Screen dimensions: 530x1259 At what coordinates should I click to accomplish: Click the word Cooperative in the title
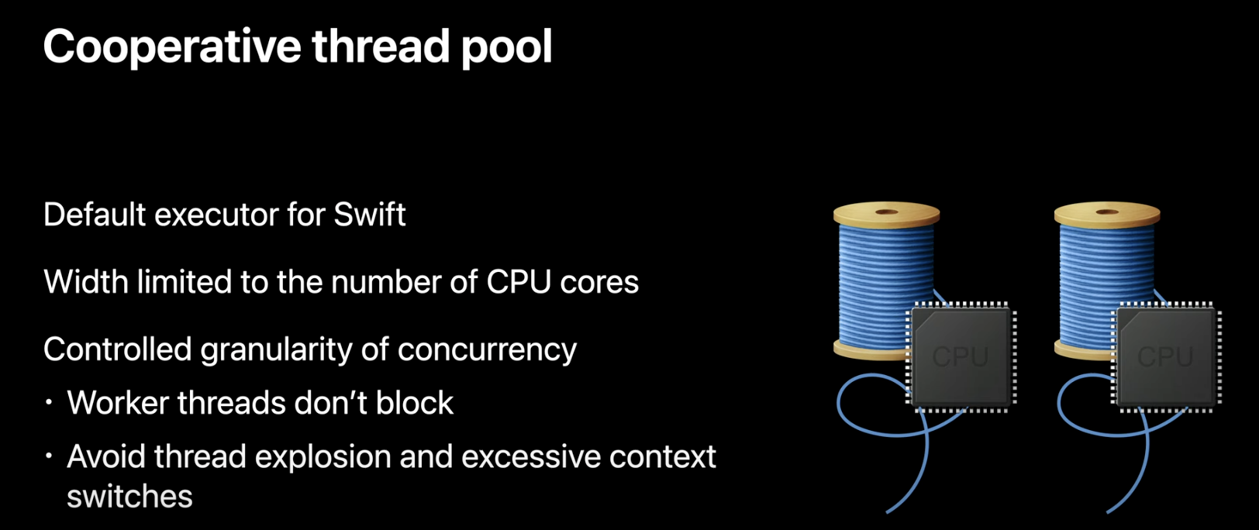pos(171,46)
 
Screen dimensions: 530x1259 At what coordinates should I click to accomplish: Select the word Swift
pos(369,215)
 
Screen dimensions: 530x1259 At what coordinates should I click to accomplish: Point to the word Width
pos(86,282)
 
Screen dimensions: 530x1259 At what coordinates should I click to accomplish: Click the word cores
pos(599,282)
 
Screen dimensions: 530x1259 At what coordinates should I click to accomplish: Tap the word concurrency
pos(487,349)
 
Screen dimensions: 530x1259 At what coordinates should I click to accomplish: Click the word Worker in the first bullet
pos(116,403)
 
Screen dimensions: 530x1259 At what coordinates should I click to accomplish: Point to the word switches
pos(129,497)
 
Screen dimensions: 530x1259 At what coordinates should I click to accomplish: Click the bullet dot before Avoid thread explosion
pos(49,456)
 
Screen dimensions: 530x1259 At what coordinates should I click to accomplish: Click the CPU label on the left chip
pos(960,356)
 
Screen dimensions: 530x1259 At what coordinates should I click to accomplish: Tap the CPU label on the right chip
pos(1164,356)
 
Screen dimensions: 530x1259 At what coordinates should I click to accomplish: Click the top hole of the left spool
pos(886,212)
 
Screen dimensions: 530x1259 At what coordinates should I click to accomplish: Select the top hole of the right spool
pos(1107,212)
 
